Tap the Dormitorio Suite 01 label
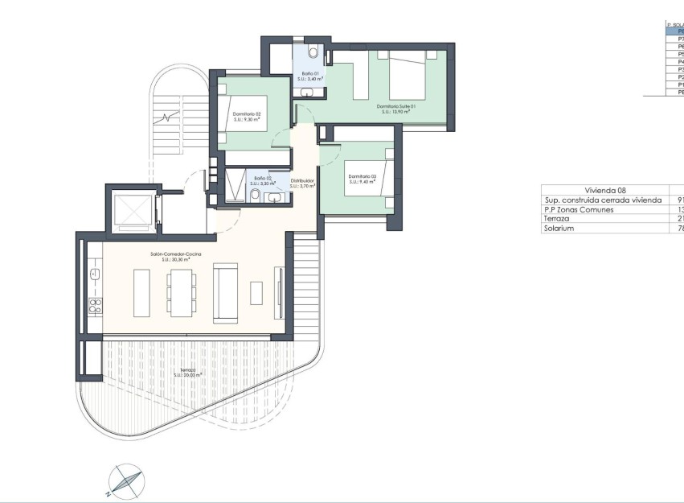point(395,109)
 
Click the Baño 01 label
point(310,76)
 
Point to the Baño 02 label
point(262,180)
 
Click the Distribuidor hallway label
point(301,183)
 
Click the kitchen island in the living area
point(140,292)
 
